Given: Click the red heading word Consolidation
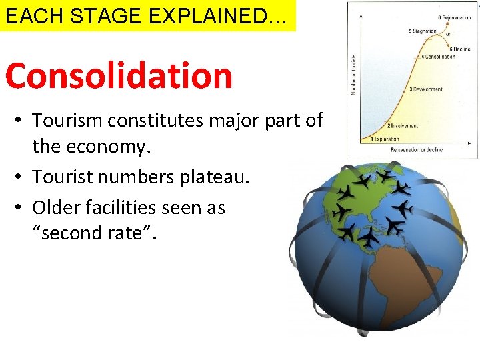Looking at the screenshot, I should tap(119, 75).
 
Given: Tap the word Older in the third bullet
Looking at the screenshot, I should tap(54, 207).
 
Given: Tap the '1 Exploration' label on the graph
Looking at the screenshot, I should tap(380, 139).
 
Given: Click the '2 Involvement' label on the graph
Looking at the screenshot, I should tap(403, 125).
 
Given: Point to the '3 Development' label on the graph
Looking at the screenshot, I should tap(426, 89).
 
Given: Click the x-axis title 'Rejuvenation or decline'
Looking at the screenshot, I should tap(416, 150).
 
